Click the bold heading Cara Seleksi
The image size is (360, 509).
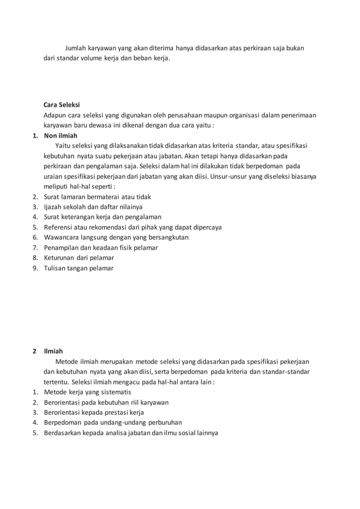tap(62, 104)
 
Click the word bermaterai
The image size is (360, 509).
tap(104, 197)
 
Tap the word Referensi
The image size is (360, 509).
tap(59, 227)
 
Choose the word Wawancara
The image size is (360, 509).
tap(63, 238)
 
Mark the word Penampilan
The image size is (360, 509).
tap(63, 248)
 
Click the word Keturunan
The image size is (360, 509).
tap(61, 258)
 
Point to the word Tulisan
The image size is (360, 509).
tap(56, 268)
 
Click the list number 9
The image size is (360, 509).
tap(34, 268)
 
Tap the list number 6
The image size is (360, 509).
tap(34, 238)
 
